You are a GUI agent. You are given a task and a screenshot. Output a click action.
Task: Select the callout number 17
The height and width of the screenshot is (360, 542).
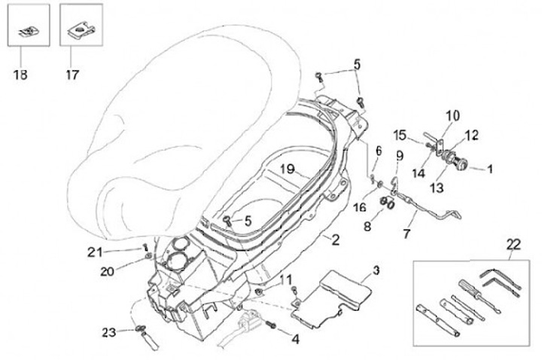73,75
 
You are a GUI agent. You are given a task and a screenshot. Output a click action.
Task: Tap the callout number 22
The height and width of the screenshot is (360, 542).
513,244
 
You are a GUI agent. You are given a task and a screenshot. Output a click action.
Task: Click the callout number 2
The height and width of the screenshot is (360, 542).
336,239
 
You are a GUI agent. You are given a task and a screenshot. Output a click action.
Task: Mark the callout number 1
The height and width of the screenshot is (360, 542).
489,169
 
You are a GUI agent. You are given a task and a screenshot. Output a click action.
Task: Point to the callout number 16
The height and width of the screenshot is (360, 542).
359,207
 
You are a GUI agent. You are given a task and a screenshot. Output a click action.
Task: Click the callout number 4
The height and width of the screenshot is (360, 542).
295,339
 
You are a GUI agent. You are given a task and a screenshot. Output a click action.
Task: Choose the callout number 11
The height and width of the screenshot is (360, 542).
285,279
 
